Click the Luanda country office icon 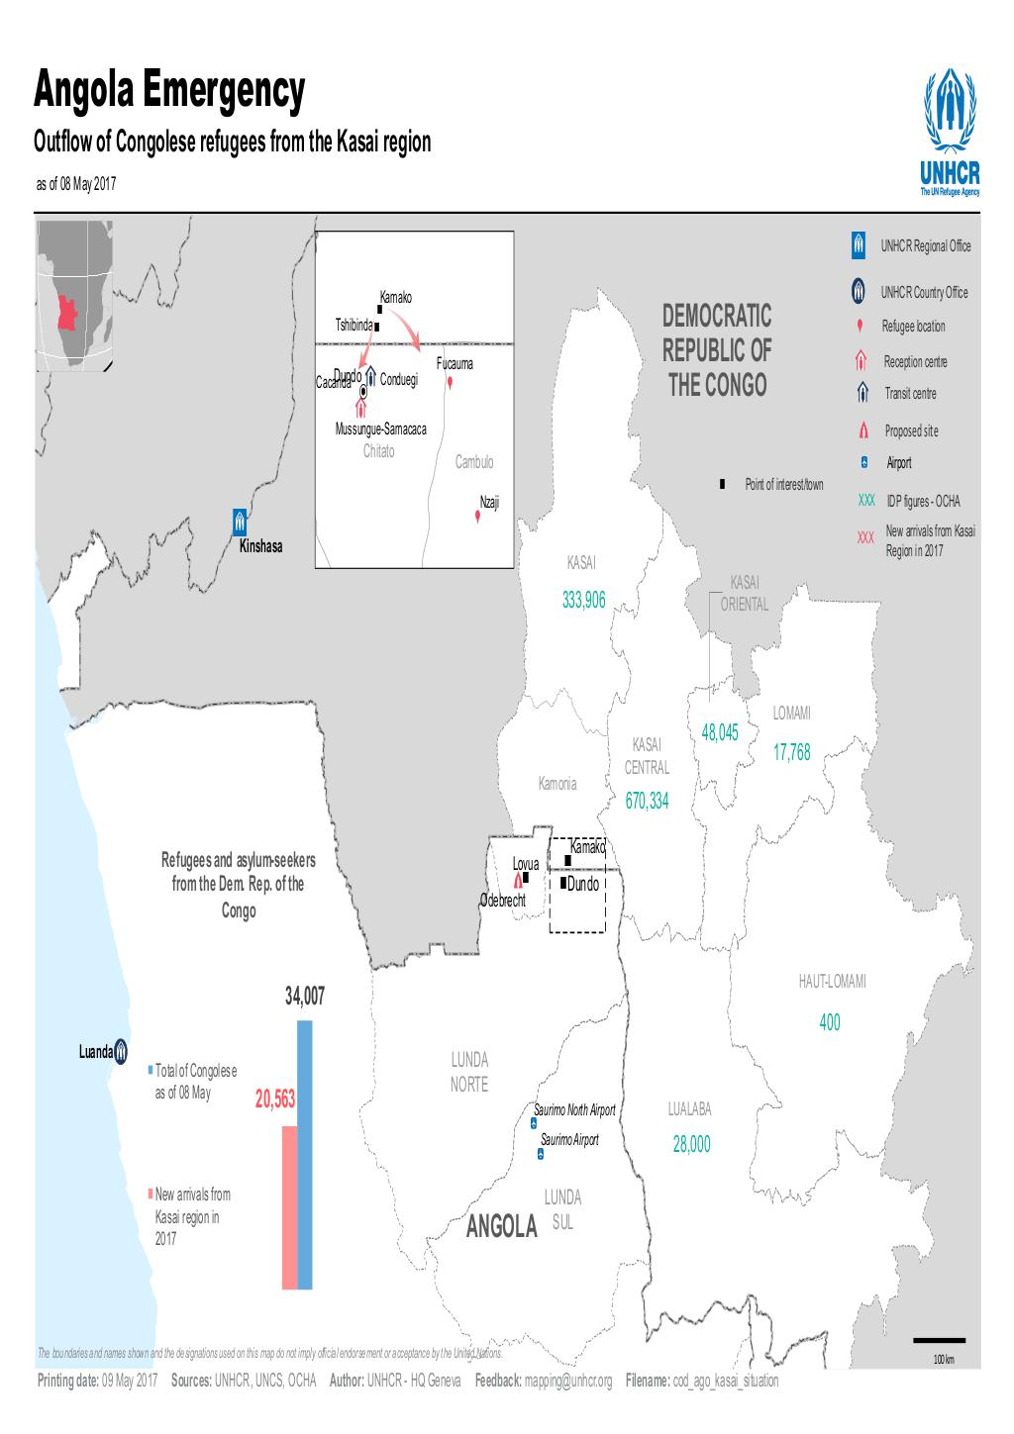pos(121,1051)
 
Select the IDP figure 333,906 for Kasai pos(582,600)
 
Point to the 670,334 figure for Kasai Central pos(647,802)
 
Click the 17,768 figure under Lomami pos(791,753)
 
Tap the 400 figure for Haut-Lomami pos(829,1023)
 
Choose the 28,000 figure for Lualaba pos(691,1144)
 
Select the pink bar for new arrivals pos(289,1207)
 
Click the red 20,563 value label pos(275,1100)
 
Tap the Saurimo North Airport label pos(574,1110)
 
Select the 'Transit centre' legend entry pos(909,394)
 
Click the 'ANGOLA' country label pos(501,1228)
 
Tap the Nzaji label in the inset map pos(489,502)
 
